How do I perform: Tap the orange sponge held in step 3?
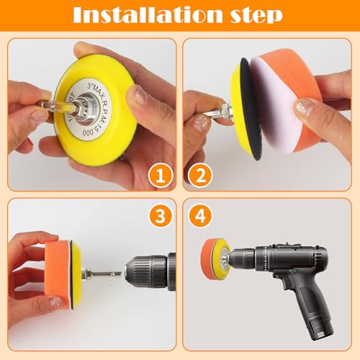point(57,274)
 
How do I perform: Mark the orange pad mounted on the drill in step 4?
point(212,256)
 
